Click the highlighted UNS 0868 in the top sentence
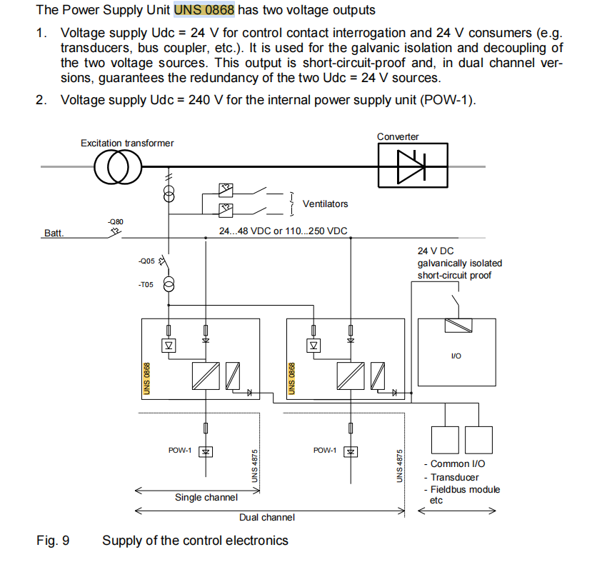[x=204, y=11]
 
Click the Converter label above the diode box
[x=398, y=136]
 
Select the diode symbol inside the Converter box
[x=412, y=166]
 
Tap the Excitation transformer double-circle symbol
[x=118, y=169]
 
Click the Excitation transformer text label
[x=127, y=143]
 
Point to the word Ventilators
[x=325, y=204]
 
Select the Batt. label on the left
[x=54, y=233]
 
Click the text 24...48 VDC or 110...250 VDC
[x=283, y=231]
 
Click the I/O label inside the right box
[x=456, y=356]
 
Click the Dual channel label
[x=267, y=517]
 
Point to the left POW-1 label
[x=180, y=450]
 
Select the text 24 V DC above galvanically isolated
[x=436, y=251]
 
